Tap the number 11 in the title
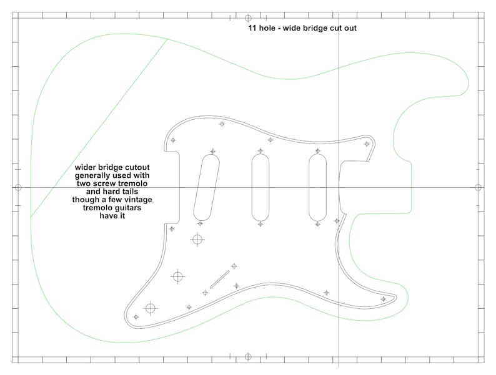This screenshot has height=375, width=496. [x=253, y=29]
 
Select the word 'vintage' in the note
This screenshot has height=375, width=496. [x=137, y=200]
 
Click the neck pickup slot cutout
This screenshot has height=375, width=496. [x=318, y=187]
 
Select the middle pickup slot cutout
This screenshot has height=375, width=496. [x=261, y=187]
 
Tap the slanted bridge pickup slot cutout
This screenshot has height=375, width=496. [x=207, y=187]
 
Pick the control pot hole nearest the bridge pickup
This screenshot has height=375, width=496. [x=198, y=238]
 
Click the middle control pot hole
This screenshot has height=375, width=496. [x=178, y=275]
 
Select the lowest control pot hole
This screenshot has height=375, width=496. [x=150, y=307]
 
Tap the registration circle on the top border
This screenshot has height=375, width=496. [x=248, y=18]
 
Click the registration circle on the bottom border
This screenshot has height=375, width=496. [x=248, y=357]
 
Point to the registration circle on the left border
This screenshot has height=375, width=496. [x=17, y=187]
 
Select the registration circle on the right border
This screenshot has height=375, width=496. [x=478, y=187]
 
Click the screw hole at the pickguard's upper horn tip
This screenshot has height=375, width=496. [x=367, y=144]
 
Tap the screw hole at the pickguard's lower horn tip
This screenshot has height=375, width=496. [x=383, y=300]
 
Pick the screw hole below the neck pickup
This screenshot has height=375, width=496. [x=318, y=223]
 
